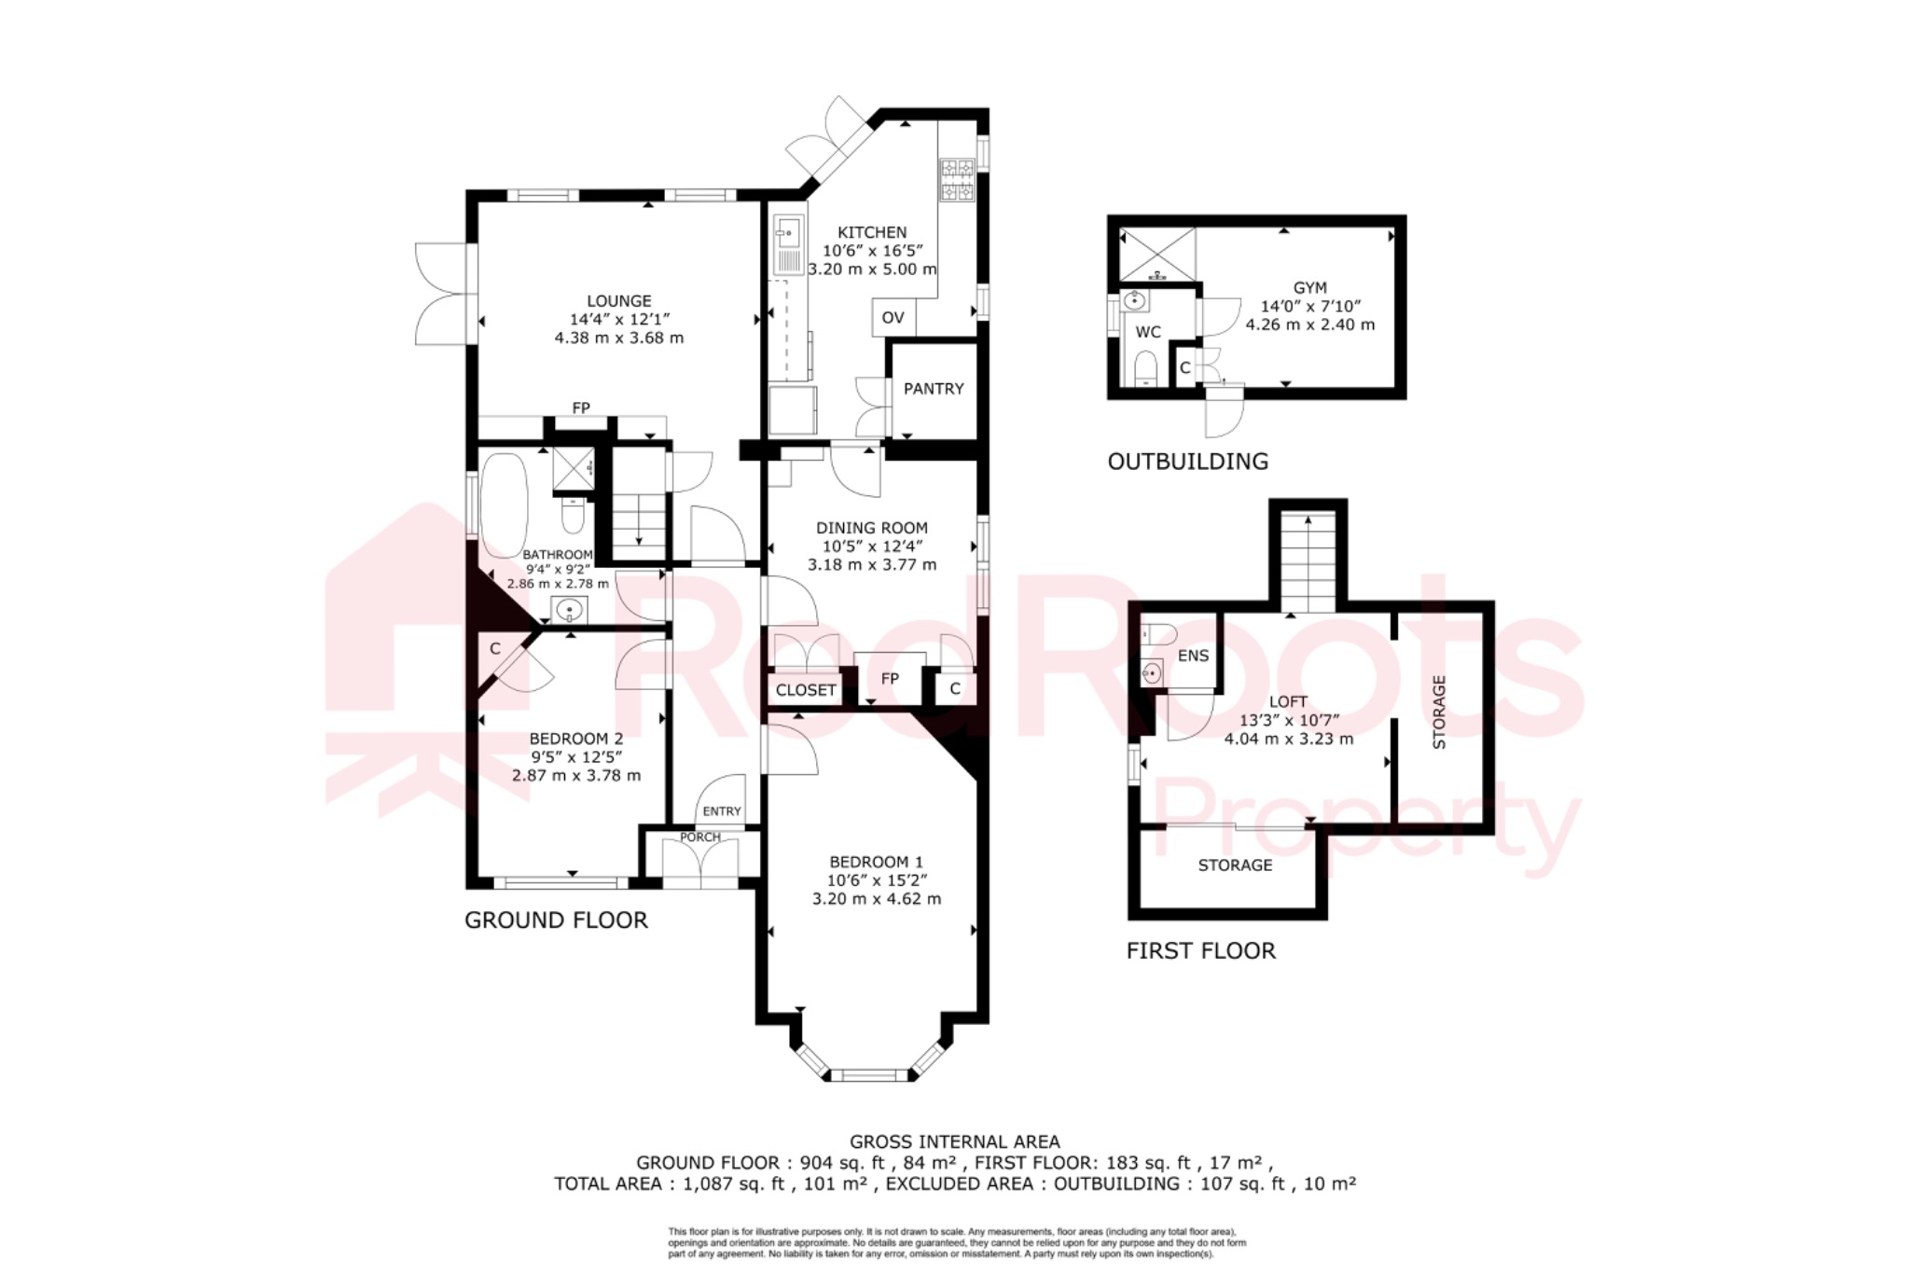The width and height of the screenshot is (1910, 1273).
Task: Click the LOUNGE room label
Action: [619, 301]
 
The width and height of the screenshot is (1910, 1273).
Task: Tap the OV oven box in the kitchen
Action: [893, 318]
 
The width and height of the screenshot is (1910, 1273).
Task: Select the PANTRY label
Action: [934, 389]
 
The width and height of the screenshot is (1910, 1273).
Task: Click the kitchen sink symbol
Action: [787, 245]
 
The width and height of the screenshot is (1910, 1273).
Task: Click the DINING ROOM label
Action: [872, 528]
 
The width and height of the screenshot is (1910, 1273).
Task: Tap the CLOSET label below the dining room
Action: [806, 690]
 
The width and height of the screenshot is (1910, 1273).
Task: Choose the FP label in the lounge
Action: [581, 408]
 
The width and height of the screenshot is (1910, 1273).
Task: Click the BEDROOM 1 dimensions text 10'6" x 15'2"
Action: [877, 880]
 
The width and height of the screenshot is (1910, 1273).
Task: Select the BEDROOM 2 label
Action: [576, 739]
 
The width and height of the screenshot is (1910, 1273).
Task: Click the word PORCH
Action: [700, 837]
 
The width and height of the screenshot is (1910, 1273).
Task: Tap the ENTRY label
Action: [722, 811]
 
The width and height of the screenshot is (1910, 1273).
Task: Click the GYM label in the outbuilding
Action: [1310, 288]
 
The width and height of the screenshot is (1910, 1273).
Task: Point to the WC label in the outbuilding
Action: [1148, 332]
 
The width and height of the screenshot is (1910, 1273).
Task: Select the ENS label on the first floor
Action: [1193, 656]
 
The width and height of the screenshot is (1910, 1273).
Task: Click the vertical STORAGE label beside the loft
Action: [1439, 713]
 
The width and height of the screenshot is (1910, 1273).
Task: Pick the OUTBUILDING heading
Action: [1188, 462]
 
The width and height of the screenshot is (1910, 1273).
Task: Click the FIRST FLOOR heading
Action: [1201, 951]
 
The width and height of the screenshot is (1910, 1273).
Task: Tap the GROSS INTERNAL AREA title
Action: [955, 1142]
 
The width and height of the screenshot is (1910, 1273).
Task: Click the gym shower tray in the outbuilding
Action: [1157, 255]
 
